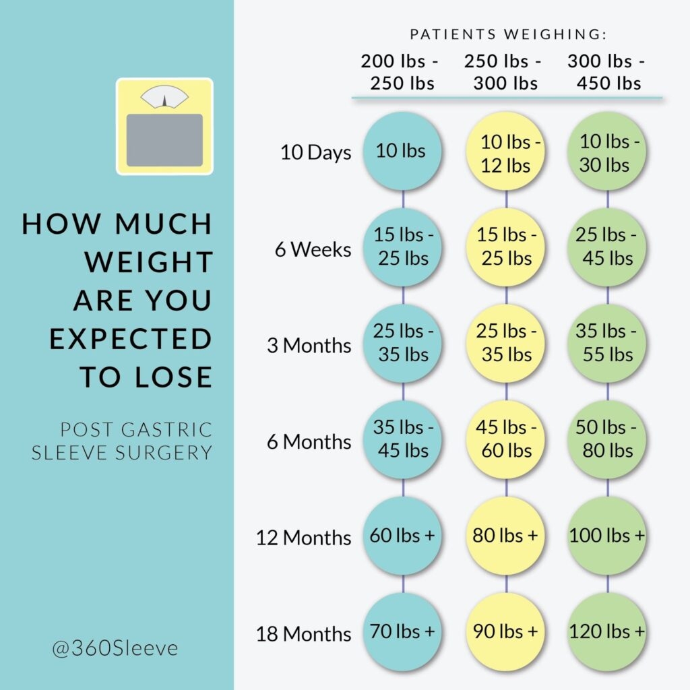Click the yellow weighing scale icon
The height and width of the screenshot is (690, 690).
164,127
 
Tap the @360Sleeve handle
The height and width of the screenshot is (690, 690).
115,648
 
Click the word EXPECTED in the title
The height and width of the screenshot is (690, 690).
131,339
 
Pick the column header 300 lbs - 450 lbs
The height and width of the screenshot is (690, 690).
606,73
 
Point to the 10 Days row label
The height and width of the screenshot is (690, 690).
315,152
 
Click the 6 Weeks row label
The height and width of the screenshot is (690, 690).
313,249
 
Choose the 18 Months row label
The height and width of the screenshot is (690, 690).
303,633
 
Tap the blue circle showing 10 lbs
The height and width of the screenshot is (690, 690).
402,151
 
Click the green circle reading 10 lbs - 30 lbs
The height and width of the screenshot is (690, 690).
606,152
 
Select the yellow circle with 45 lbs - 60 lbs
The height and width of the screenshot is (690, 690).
505,439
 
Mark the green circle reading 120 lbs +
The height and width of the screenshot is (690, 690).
606,632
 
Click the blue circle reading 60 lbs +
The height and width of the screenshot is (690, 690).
402,536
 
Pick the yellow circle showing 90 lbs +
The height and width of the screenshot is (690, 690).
505,632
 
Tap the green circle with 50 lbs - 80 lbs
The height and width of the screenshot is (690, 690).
606,439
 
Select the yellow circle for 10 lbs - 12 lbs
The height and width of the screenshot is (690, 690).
505,152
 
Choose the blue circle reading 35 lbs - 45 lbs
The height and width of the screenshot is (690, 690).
402,439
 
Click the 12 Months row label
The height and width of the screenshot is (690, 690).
303,538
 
